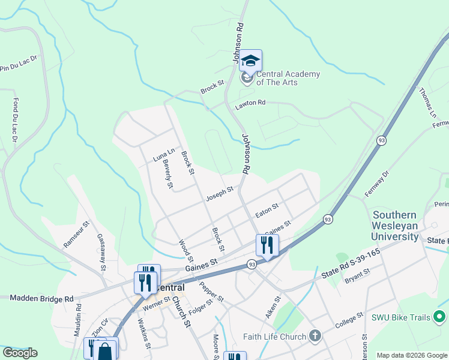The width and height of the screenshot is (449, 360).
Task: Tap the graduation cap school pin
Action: click(x=250, y=60)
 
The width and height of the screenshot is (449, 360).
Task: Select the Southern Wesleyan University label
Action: click(x=396, y=226)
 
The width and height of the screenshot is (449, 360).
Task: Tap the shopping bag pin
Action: click(x=104, y=350)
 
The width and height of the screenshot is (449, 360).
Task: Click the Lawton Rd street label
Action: click(x=250, y=103)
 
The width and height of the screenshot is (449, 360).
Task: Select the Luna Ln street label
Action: click(x=163, y=155)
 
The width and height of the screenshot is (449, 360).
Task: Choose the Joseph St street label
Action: click(x=219, y=193)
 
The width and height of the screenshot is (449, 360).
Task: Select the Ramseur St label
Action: click(x=76, y=234)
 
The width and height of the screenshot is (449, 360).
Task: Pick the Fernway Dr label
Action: click(x=378, y=183)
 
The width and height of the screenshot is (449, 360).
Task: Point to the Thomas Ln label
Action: click(x=428, y=101)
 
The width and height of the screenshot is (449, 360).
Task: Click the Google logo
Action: click(x=20, y=352)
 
